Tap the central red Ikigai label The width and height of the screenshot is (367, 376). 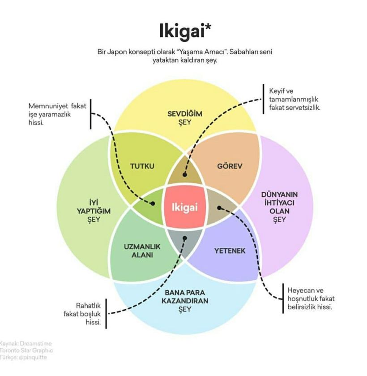tap(185, 207)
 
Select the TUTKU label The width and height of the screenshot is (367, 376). tap(142, 166)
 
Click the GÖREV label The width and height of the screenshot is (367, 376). tap(230, 166)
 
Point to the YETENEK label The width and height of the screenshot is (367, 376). tap(230, 251)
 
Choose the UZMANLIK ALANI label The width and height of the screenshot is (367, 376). tap(142, 251)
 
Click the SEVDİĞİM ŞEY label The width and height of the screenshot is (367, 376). tap(185, 118)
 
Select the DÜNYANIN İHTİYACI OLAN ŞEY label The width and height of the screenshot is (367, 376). tap(279, 207)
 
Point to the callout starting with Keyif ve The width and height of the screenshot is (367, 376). tap(294, 99)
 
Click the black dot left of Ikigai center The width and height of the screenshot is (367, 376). tap(153, 203)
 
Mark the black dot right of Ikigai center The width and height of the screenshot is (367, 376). tap(219, 207)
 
